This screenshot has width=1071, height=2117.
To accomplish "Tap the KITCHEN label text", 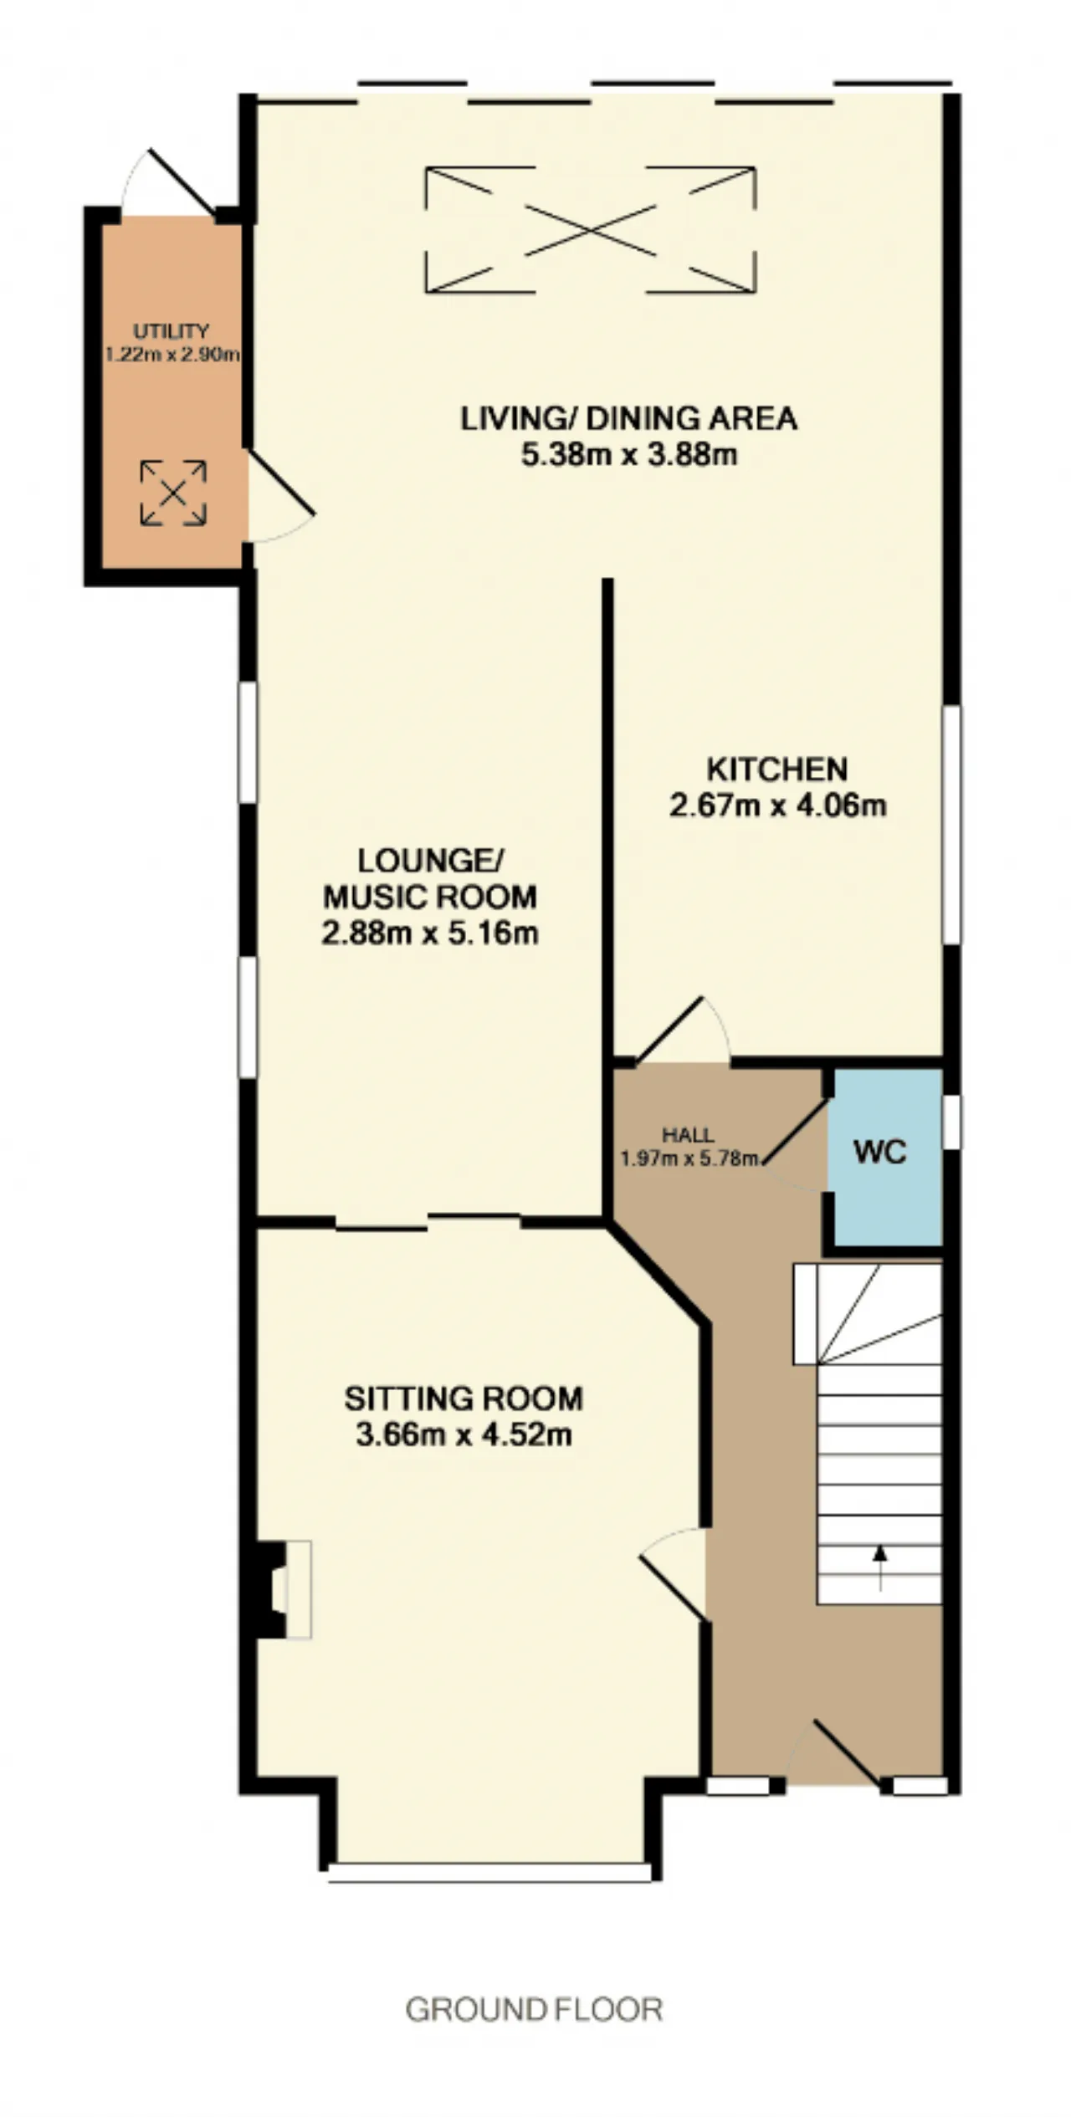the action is point(777,769).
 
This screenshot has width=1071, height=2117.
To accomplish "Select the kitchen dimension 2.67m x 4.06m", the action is point(777,805).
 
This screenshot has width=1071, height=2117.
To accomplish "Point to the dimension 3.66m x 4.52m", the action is point(464,1434).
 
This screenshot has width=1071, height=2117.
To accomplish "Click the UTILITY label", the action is point(171,332).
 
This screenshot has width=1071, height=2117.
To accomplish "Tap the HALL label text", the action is point(688,1135).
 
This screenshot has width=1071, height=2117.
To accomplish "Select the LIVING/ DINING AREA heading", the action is point(628,418).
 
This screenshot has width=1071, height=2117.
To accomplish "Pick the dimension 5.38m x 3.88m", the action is point(628,456).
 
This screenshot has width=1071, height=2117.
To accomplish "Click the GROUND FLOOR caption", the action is point(534,2009).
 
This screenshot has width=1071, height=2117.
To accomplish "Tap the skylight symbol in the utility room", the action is point(173,493).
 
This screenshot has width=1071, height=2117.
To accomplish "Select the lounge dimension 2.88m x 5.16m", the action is point(429,933).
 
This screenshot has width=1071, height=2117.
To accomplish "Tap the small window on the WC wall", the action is point(952,1122).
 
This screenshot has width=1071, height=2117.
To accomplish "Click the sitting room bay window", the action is point(489,1872).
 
